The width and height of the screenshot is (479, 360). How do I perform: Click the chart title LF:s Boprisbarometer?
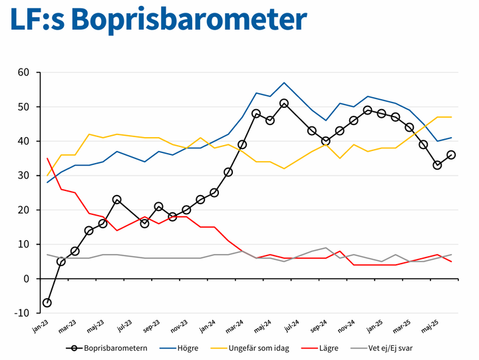click(x=158, y=20)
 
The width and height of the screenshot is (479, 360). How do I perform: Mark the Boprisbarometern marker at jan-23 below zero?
click(x=47, y=303)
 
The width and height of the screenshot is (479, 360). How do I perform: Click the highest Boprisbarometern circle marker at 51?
click(x=284, y=103)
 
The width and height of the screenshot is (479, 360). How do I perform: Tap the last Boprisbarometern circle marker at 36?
click(x=451, y=155)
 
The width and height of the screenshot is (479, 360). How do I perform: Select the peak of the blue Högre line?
click(x=284, y=83)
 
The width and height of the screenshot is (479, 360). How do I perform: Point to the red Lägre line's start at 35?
click(x=47, y=158)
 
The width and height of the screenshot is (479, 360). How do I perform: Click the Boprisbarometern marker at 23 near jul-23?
click(x=117, y=200)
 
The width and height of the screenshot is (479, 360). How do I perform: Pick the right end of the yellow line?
click(x=451, y=117)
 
